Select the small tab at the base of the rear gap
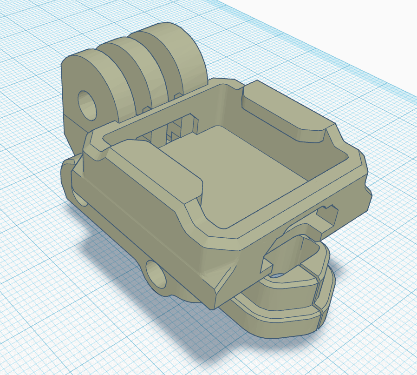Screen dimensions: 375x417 click(176, 95)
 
